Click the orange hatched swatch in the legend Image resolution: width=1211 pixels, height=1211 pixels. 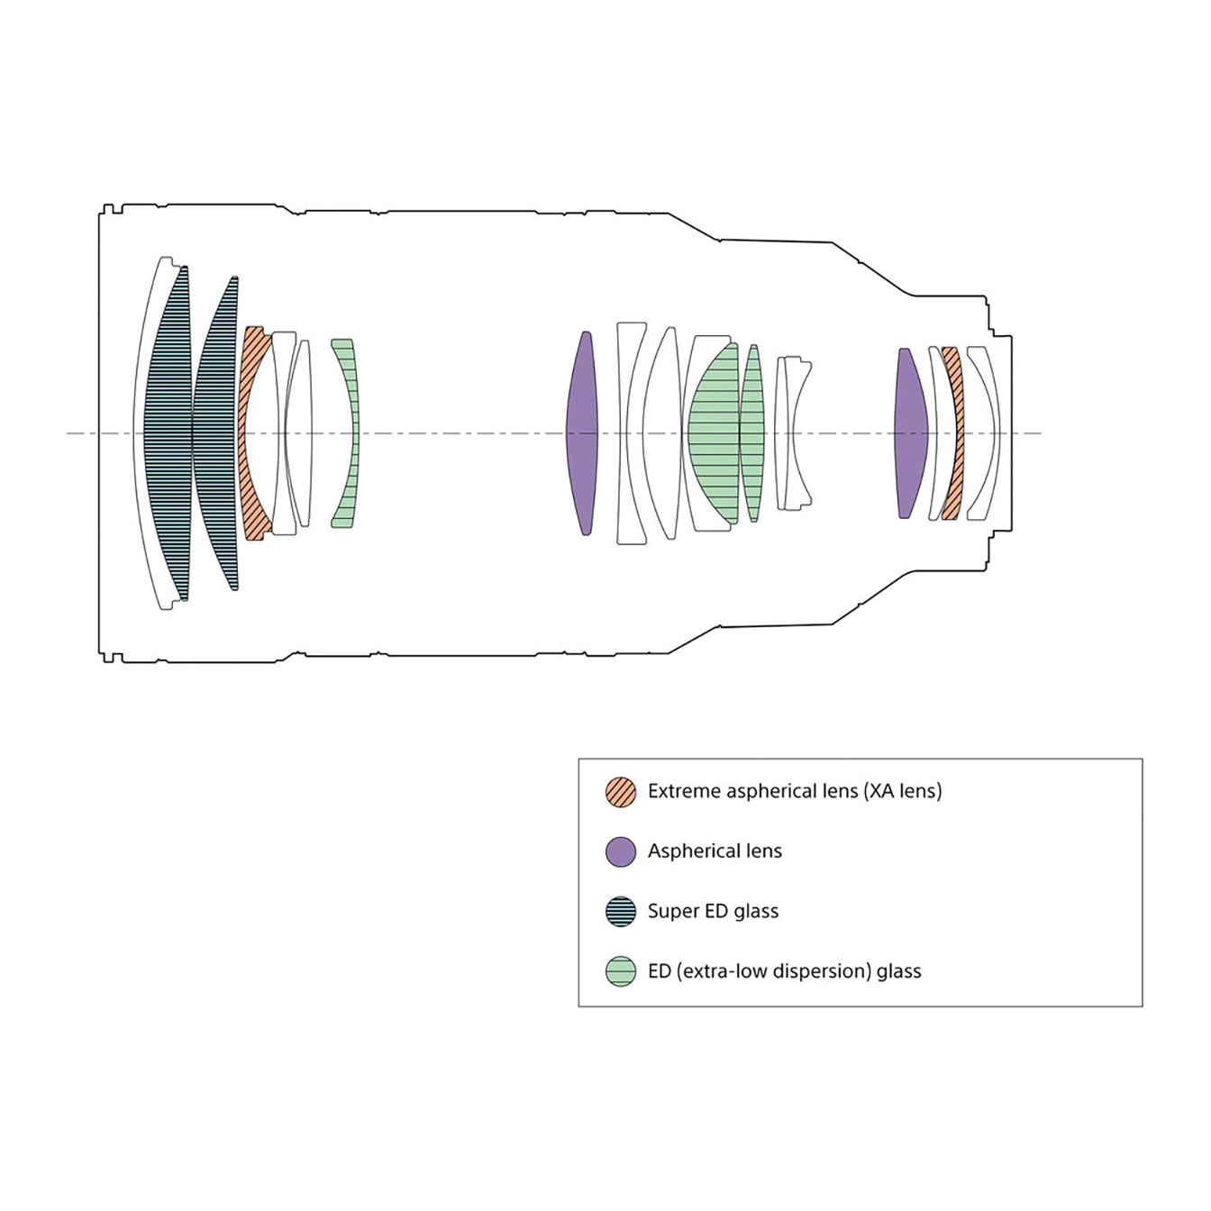point(620,792)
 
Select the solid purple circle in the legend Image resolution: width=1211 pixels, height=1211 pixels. point(620,852)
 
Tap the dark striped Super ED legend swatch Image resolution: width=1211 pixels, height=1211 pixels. point(620,912)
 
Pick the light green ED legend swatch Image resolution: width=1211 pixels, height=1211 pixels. point(620,972)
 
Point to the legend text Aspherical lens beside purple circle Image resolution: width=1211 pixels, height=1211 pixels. point(715,851)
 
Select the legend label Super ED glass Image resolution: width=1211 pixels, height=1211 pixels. point(714,912)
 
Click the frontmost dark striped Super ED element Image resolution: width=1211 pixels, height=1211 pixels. point(167,433)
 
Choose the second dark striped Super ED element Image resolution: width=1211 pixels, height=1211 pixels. point(215,433)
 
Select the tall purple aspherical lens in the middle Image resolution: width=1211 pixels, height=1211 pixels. point(583,433)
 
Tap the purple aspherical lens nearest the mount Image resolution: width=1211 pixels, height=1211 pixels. point(911,433)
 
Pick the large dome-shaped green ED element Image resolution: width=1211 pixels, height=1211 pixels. point(714,433)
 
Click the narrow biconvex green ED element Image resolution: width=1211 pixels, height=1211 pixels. point(753,433)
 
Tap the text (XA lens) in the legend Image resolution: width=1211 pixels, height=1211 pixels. point(903,791)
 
